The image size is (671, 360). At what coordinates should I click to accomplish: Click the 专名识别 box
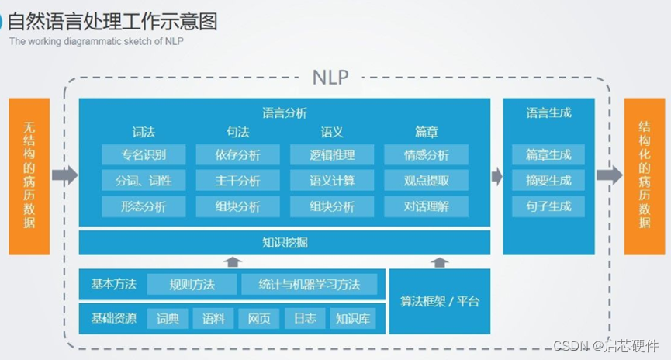pos(144,154)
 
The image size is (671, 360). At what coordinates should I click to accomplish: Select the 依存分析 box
pos(238,154)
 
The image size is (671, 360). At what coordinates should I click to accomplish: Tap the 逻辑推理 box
pos(332,154)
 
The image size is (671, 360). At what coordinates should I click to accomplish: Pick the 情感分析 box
pos(426,154)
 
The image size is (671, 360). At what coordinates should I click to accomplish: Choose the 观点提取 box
pos(426,181)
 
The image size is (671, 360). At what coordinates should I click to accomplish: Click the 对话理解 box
pos(426,206)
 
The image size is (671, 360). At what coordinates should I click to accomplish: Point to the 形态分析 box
pos(144,206)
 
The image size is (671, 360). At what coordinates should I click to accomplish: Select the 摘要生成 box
pos(548,181)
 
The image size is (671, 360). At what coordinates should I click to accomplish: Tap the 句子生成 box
pos(548,206)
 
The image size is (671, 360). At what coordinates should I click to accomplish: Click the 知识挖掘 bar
pos(285,242)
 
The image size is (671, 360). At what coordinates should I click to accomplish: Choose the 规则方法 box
pos(192,284)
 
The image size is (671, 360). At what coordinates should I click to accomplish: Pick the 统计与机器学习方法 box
pos(310,284)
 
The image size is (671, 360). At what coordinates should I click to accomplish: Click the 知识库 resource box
pos(353,318)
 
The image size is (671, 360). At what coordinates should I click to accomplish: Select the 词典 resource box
pos(168,318)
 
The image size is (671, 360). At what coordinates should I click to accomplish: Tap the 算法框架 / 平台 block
pos(440,301)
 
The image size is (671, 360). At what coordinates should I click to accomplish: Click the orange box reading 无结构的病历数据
pos(29,175)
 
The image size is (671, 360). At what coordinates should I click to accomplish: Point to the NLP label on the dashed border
pos(331,77)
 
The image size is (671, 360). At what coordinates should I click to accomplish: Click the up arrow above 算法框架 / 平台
pos(440,262)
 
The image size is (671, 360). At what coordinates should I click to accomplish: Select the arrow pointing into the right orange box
pos(609,175)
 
